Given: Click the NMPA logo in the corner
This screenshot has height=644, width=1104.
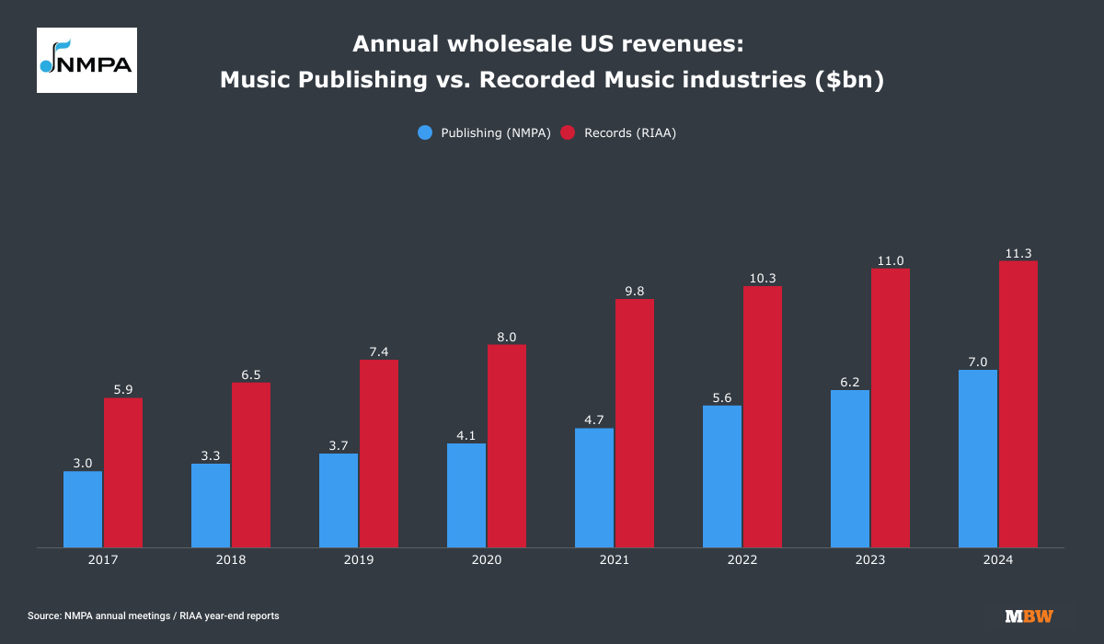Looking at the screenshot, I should (86, 60).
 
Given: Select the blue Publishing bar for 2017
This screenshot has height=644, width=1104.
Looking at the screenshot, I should (83, 510).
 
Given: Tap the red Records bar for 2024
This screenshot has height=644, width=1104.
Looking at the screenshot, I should (1018, 405).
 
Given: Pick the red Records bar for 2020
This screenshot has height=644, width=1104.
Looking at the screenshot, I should (507, 446).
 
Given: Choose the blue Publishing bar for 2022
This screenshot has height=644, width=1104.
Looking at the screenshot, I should (722, 477).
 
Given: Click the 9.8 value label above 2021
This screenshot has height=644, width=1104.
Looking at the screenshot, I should (635, 291).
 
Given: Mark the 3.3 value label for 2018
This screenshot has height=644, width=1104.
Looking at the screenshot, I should (211, 455).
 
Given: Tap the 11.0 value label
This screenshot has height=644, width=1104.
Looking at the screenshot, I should (891, 260).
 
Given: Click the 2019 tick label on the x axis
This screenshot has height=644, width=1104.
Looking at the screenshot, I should (359, 559).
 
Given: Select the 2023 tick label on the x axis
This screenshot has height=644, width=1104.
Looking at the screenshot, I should (870, 559).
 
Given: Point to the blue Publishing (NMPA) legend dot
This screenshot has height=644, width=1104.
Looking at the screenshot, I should (425, 132).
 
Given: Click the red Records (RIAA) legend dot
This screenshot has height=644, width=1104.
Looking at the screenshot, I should (568, 132).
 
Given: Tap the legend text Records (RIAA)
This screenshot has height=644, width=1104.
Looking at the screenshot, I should (630, 132).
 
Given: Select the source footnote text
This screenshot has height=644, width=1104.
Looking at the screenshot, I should (154, 615).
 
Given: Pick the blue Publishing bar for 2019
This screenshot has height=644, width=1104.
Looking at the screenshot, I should (339, 500).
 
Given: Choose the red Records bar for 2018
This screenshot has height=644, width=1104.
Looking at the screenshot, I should (251, 466).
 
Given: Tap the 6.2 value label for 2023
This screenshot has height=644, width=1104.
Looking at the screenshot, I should (850, 382).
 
